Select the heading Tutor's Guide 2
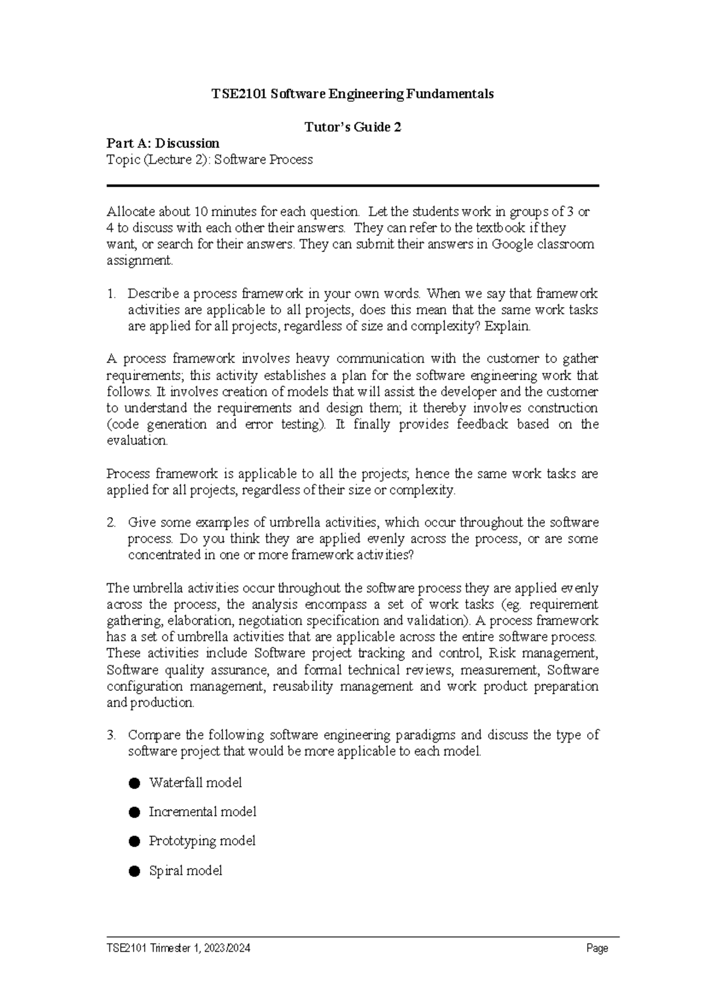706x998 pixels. (352, 127)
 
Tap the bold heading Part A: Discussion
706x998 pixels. (163, 144)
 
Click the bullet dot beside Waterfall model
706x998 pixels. (135, 783)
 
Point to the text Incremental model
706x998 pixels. (202, 812)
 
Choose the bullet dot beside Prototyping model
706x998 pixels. (135, 841)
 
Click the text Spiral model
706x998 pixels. (185, 871)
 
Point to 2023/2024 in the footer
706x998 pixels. (227, 949)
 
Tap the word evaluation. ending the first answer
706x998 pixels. (137, 441)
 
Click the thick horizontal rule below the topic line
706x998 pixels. (352, 186)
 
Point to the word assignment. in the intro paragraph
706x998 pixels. (140, 261)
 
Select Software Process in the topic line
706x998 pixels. (263, 160)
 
